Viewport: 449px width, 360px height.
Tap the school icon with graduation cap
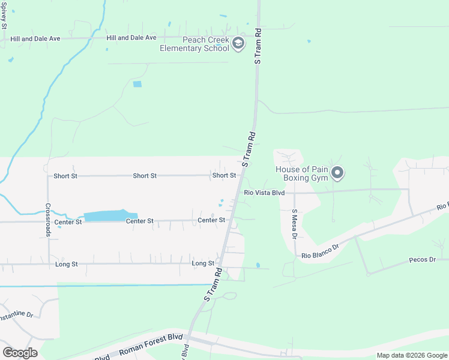[x=238, y=43]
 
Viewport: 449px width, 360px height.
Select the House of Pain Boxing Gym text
[x=302, y=174]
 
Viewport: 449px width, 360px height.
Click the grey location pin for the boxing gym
[x=337, y=173]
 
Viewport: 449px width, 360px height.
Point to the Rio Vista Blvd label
[x=264, y=193]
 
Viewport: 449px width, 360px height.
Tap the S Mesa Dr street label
[x=295, y=224]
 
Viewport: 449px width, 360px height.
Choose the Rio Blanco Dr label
[x=321, y=251]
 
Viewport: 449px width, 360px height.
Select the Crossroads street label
[x=48, y=220]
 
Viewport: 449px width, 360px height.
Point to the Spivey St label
[x=4, y=15]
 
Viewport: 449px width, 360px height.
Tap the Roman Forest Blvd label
[x=149, y=344]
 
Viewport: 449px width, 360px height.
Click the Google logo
[x=20, y=353]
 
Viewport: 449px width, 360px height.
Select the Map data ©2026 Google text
[x=412, y=355]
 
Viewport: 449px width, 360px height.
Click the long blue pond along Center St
[x=107, y=216]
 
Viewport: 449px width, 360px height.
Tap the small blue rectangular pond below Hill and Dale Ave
[x=137, y=84]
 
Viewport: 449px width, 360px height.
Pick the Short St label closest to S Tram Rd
[x=224, y=176]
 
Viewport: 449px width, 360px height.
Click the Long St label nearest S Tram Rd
[x=203, y=263]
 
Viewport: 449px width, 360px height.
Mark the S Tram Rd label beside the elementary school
[x=259, y=46]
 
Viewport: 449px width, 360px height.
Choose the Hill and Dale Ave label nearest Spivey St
[x=35, y=38]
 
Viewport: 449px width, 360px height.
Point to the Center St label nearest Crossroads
[x=68, y=222]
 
